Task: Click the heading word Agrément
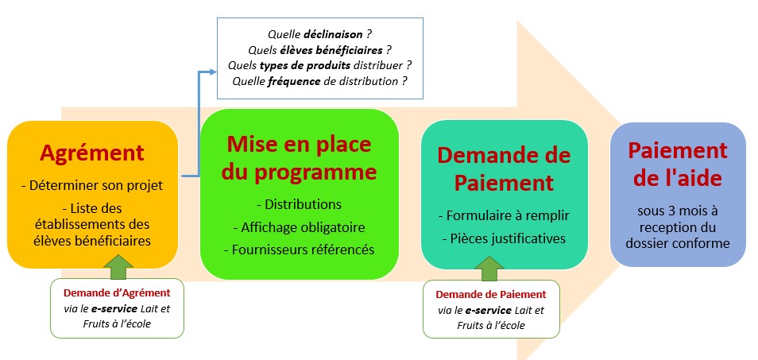tap(92, 153)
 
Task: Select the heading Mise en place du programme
tap(300, 157)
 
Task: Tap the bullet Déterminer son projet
tap(93, 185)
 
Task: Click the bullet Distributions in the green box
tap(299, 204)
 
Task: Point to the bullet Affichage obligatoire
tap(300, 227)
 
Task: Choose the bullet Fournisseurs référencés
tap(300, 250)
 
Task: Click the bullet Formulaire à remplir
tap(504, 216)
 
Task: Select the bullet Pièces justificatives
tap(504, 238)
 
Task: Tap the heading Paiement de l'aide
tap(678, 165)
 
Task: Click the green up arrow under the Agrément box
tap(118, 267)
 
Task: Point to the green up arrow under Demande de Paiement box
tap(492, 269)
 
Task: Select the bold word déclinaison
tap(333, 34)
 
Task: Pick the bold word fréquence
tap(294, 81)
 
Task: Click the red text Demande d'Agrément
tap(117, 292)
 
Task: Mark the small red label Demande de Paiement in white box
tap(491, 294)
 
